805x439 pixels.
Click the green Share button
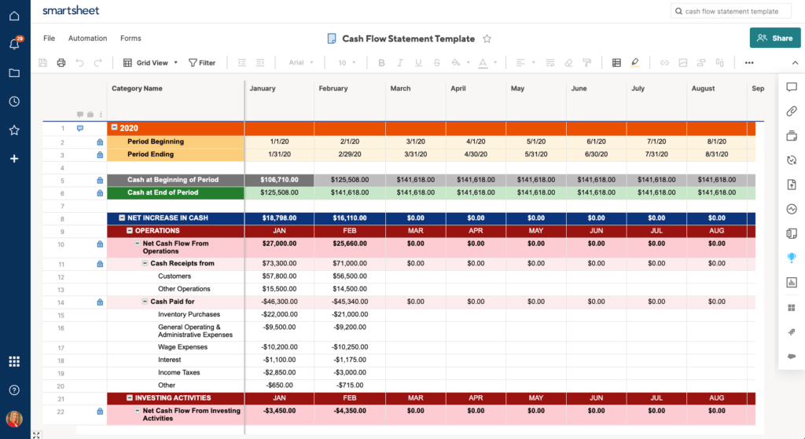click(774, 38)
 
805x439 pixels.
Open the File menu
click(49, 38)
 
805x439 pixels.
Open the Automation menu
click(87, 38)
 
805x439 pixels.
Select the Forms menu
click(130, 38)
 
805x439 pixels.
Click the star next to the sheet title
click(487, 38)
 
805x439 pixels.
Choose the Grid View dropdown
click(151, 63)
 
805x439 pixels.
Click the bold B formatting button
click(381, 63)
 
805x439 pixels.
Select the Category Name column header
click(137, 89)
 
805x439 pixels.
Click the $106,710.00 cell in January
click(279, 180)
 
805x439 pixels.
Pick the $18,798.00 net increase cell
click(279, 218)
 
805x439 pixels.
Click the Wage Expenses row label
click(182, 347)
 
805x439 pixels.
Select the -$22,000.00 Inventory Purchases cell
click(279, 315)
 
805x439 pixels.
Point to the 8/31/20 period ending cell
click(716, 155)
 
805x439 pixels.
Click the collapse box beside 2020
click(114, 128)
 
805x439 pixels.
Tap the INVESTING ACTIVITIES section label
click(172, 398)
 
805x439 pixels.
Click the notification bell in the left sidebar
click(14, 44)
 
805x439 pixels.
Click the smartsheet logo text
click(71, 11)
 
